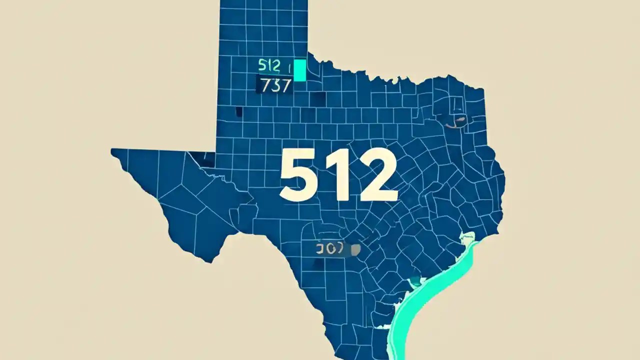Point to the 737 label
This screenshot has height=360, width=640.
point(274,85)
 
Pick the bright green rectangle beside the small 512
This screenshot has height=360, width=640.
point(299,70)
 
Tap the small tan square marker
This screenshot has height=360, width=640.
point(356,248)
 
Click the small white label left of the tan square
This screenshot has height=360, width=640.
point(330,249)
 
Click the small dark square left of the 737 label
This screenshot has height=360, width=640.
point(239,111)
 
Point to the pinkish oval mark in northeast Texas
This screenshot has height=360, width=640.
point(457,120)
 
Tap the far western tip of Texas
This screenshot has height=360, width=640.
point(113,151)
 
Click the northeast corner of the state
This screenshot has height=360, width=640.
point(483,90)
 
